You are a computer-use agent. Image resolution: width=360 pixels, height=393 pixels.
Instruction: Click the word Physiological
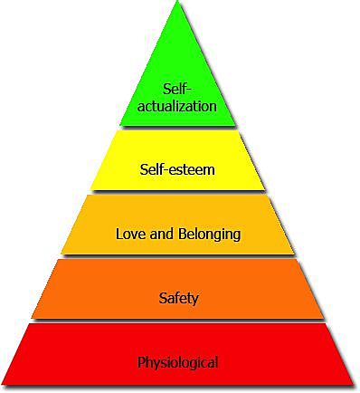[x=177, y=363]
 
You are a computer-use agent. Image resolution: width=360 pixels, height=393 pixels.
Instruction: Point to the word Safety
[x=177, y=297]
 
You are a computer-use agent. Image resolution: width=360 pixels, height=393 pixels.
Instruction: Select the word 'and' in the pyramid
[x=164, y=234]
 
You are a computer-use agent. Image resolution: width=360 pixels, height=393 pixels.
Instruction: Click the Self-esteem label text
[x=177, y=168]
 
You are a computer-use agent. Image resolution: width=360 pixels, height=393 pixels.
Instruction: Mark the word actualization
[x=177, y=105]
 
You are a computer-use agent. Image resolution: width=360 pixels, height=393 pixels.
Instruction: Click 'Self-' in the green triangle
[x=177, y=89]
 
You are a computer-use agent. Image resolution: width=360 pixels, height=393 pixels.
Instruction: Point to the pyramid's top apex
[x=177, y=4]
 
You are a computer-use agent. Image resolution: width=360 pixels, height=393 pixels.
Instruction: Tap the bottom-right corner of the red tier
[x=352, y=383]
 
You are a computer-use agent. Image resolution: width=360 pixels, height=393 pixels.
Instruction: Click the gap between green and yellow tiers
[x=177, y=128]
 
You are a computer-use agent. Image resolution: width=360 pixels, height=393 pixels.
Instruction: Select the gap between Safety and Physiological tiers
[x=177, y=321]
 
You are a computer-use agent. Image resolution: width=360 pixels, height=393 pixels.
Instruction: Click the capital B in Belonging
[x=184, y=234]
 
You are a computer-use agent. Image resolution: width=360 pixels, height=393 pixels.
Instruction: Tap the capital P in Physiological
[x=142, y=363]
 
